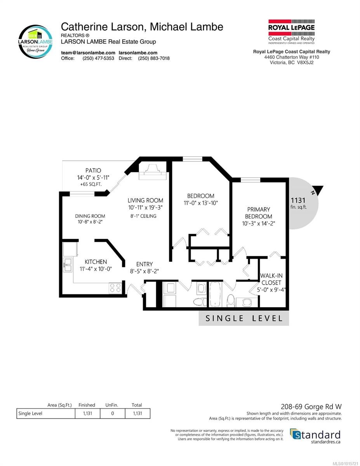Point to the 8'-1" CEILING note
pyautogui.click(x=143, y=216)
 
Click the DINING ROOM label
pyautogui.click(x=90, y=216)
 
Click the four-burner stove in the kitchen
pyautogui.click(x=115, y=288)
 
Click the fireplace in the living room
pyautogui.click(x=153, y=172)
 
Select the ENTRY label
pyautogui.click(x=144, y=264)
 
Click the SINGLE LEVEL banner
pyautogui.click(x=244, y=318)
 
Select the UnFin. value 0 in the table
pyautogui.click(x=112, y=413)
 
